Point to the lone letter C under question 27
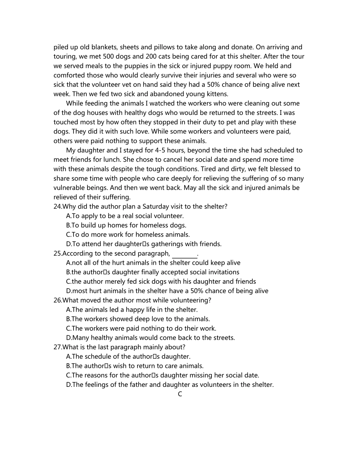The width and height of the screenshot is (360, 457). (x=180, y=394)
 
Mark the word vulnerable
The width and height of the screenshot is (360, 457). (x=70, y=188)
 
